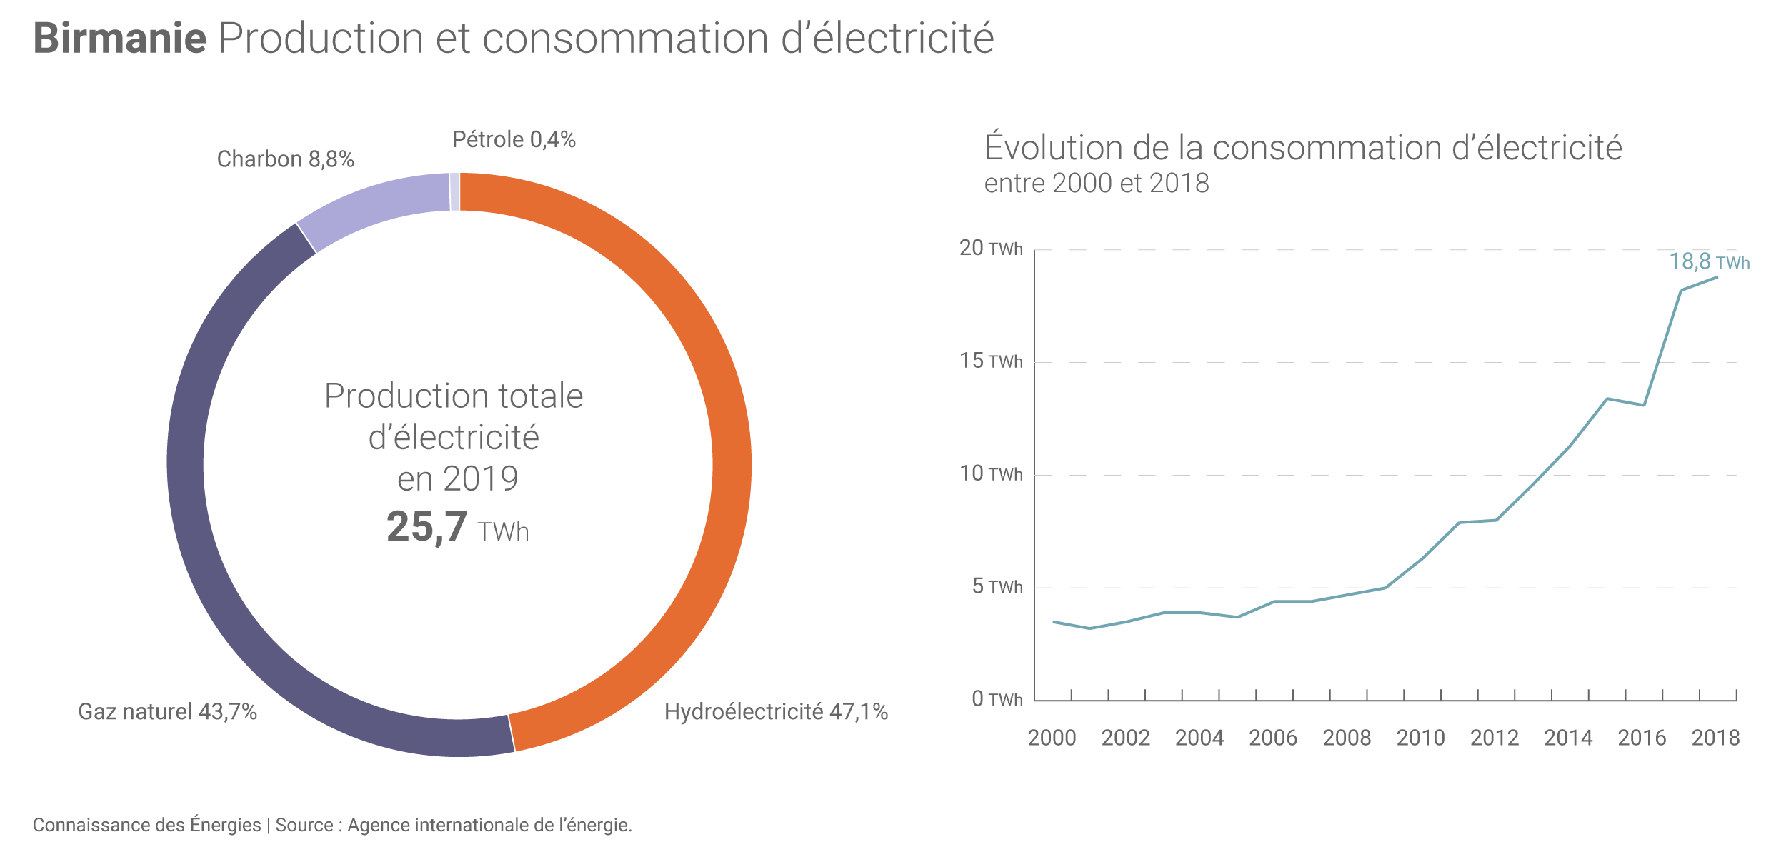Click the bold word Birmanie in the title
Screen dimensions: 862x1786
(120, 39)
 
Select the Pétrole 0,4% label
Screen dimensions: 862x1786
(514, 139)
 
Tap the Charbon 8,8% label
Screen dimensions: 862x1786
(285, 159)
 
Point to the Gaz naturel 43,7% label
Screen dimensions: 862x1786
(167, 711)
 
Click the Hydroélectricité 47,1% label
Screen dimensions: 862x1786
(776, 711)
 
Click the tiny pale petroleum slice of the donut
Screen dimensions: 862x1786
(454, 191)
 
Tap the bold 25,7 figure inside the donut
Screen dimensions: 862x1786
(426, 527)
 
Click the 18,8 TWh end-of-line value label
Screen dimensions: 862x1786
(1709, 262)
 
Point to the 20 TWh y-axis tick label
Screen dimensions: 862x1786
(990, 249)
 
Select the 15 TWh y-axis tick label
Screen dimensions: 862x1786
(990, 361)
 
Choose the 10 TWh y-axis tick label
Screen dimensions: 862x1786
(990, 474)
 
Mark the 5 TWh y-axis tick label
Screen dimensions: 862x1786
(997, 587)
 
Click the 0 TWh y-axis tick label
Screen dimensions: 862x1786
(997, 699)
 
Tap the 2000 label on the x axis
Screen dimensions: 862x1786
(1052, 738)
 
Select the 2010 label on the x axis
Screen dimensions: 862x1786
(1420, 738)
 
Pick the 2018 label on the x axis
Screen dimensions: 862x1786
(1715, 738)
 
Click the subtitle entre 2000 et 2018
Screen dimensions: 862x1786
(1096, 184)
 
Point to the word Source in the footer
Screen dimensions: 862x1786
(304, 825)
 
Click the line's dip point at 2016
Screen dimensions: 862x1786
(1644, 405)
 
